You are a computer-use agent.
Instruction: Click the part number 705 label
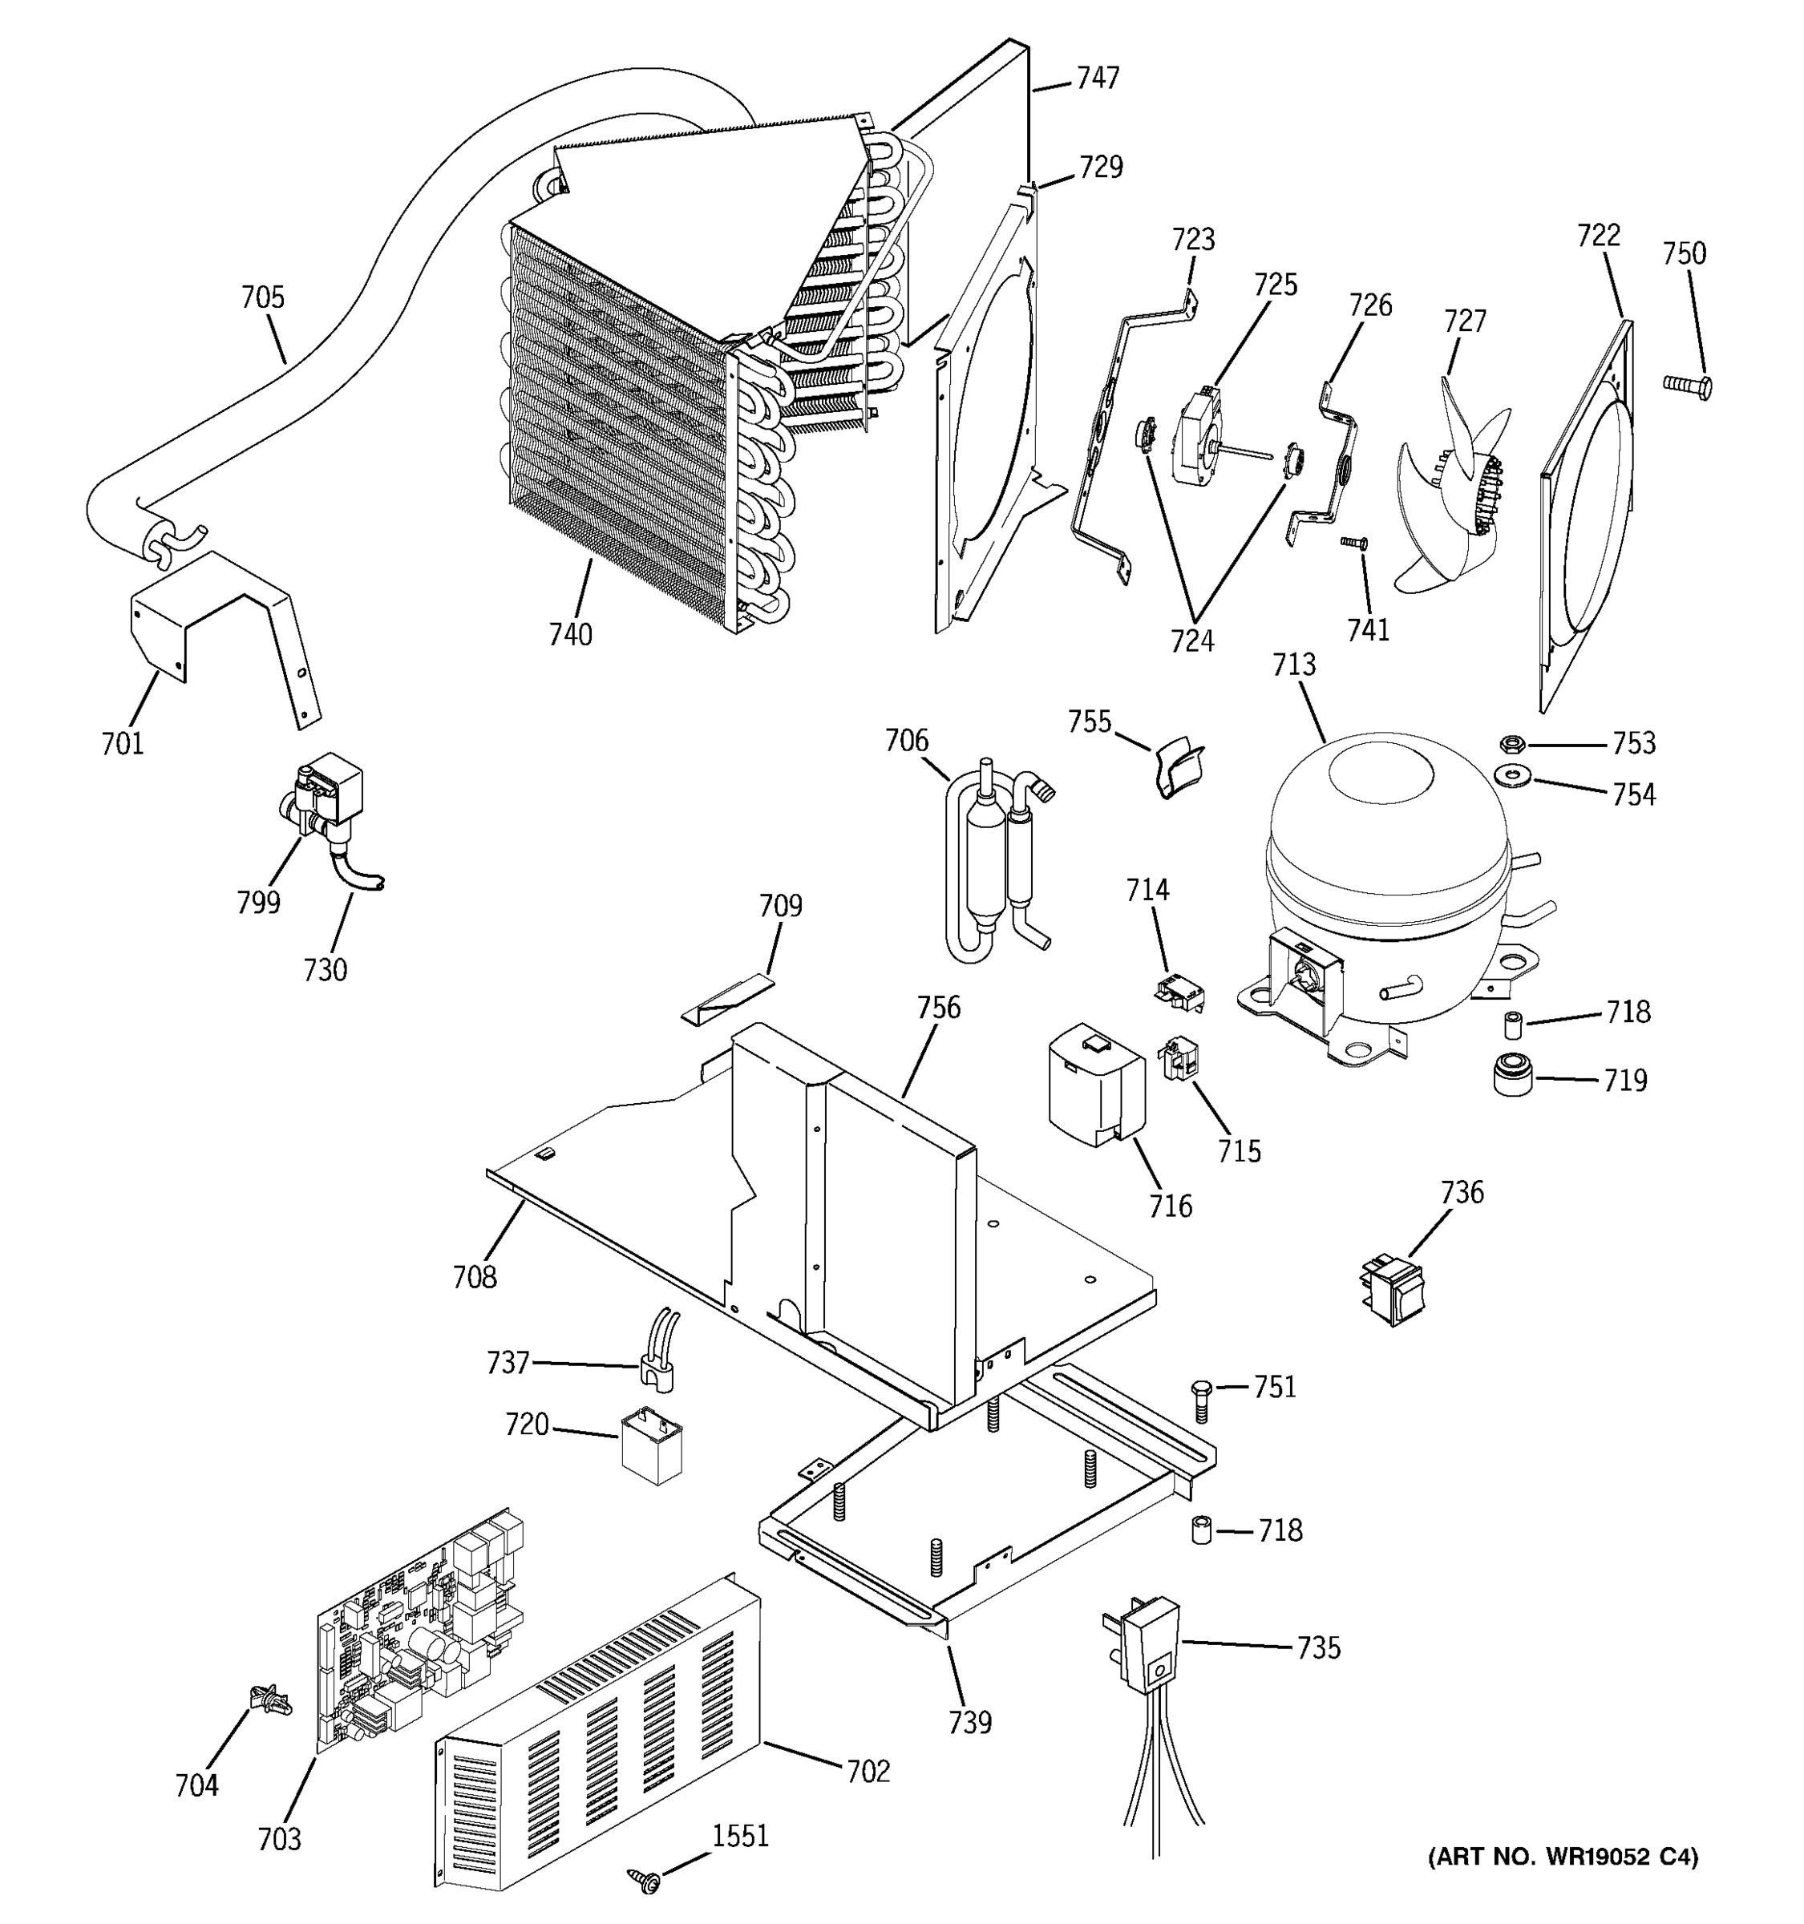[x=262, y=297]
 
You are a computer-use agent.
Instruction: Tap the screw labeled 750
[x=1687, y=385]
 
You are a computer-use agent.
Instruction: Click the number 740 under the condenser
[x=570, y=635]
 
